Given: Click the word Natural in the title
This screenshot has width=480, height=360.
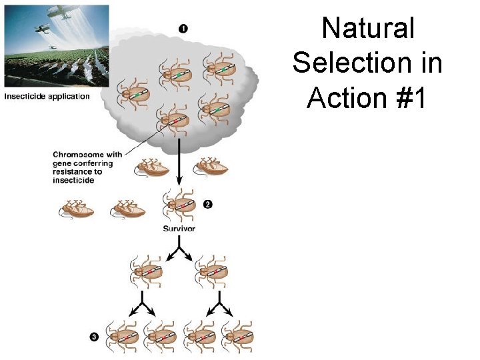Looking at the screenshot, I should click(368, 29).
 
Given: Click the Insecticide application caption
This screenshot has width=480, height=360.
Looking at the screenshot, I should click(47, 97).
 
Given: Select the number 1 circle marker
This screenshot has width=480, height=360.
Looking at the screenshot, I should click(183, 28).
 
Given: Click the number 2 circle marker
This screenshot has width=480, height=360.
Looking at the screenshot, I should click(207, 205).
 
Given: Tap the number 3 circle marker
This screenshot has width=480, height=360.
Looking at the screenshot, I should click(94, 338).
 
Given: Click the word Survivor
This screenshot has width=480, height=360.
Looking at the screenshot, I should click(179, 229).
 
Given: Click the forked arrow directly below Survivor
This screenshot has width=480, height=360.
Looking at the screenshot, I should click(179, 252).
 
